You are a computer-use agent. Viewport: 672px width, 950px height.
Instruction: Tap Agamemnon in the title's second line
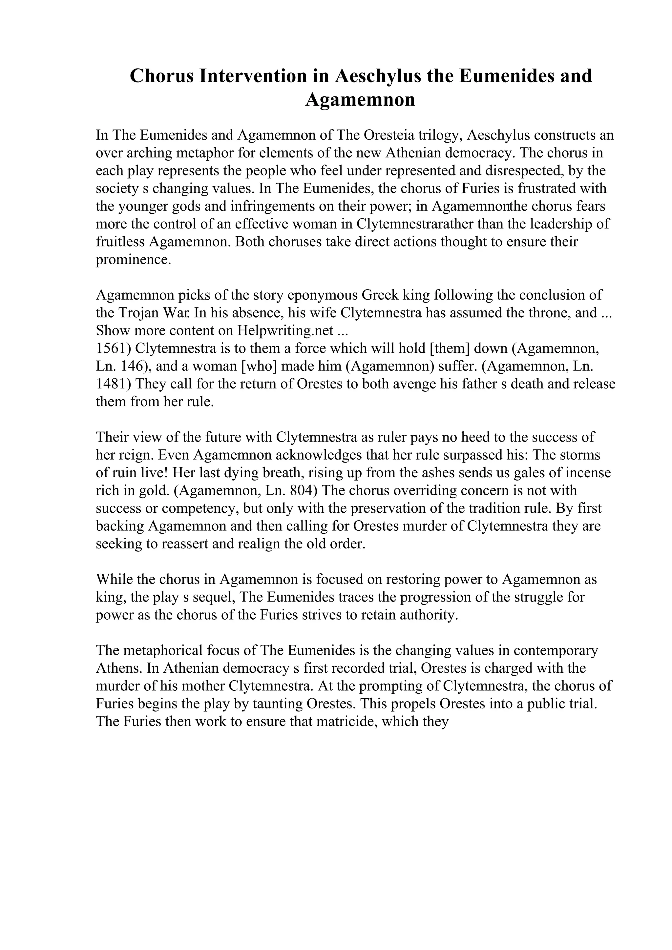tap(360, 100)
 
